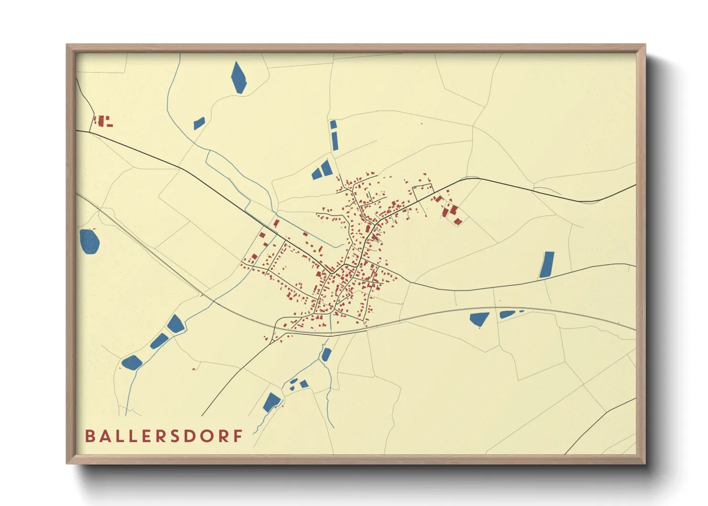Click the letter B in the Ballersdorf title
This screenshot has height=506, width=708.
coord(89,436)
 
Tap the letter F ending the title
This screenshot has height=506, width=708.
coord(238,436)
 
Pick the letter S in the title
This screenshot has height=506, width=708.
coord(174,436)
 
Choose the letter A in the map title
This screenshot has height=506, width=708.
coord(106,436)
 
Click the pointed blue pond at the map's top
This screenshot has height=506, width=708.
coord(239,77)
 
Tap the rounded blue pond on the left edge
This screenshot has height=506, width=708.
coord(89,241)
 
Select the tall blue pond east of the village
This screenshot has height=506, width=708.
coord(547,264)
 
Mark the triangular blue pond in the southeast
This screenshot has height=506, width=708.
coord(479,319)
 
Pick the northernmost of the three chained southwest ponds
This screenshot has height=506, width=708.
coord(176,324)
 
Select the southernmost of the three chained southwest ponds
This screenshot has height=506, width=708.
coord(132,362)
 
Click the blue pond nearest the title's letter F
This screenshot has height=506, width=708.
coord(271,402)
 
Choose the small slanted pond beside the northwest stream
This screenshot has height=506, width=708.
coord(199,123)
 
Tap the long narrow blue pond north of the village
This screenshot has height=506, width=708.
coord(334,140)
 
